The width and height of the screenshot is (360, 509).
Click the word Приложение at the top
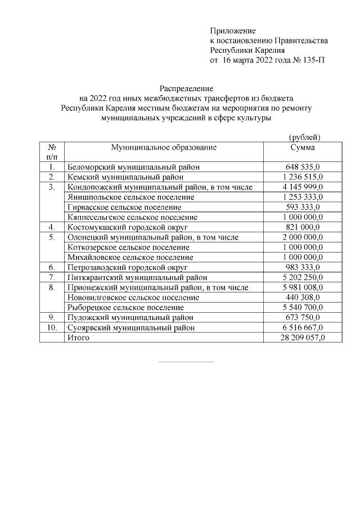click(x=233, y=30)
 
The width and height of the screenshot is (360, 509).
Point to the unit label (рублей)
click(x=304, y=137)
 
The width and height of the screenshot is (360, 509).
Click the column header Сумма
click(x=302, y=147)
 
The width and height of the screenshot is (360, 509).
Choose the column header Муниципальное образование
click(x=164, y=147)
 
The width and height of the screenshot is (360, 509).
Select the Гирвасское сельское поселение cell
click(x=124, y=207)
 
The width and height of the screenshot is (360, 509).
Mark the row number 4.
click(x=51, y=227)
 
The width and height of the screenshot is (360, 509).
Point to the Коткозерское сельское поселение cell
click(x=128, y=247)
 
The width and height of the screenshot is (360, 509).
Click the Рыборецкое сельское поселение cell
click(x=125, y=307)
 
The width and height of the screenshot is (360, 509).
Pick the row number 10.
click(x=51, y=327)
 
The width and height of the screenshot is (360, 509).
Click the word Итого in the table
click(x=78, y=337)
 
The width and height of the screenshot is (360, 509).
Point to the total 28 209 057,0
click(x=302, y=337)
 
